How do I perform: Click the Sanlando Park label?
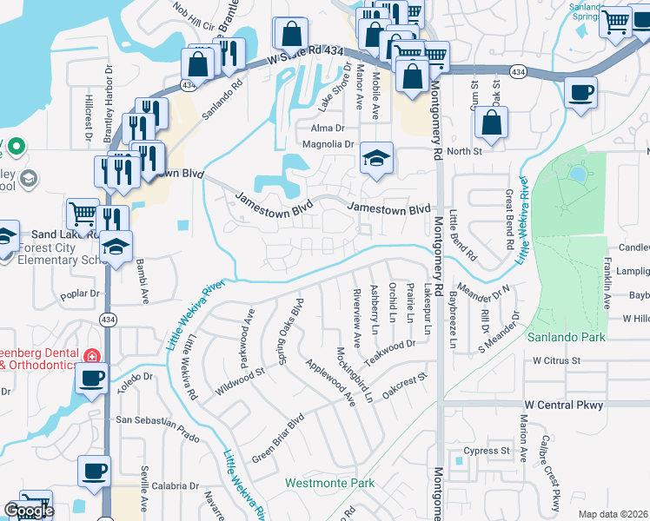pos(564,337)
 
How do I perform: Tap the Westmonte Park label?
pos(329,482)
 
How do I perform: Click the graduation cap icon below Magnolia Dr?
pos(376,158)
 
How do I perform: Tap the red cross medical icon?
pos(90,356)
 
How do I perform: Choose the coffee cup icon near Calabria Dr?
pos(94,472)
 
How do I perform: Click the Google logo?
pos(29,511)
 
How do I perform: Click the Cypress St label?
pos(487,451)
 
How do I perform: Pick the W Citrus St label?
pos(556,359)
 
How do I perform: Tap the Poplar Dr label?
pos(83,295)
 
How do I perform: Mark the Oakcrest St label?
pos(406,382)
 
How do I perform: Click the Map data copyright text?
pos(614,514)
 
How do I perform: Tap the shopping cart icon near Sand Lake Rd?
pos(83,212)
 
